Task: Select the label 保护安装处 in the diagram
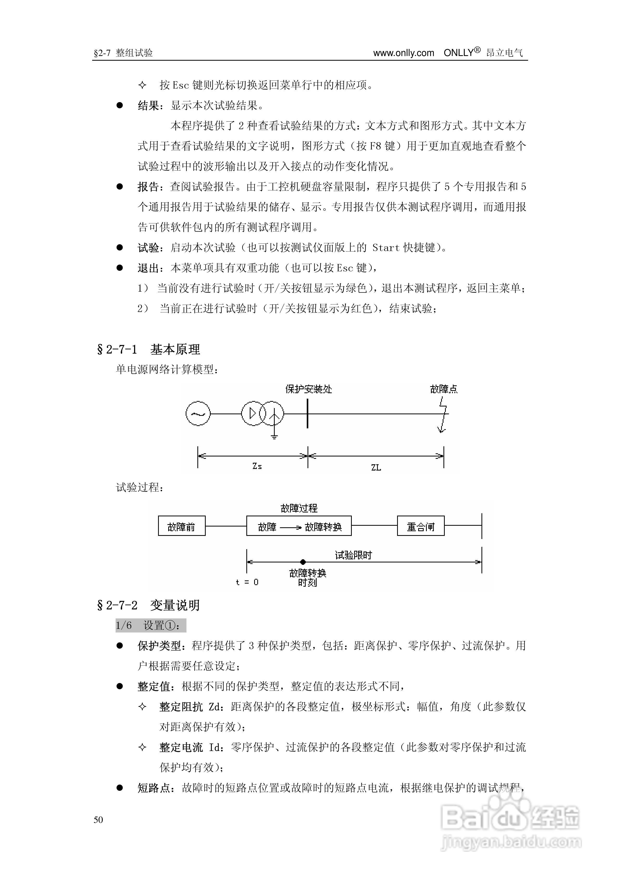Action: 309,389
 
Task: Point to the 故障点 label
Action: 443,389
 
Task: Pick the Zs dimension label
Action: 257,466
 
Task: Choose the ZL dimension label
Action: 376,467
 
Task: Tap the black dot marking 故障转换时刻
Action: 303,562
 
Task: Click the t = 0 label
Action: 247,582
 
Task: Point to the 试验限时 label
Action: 353,555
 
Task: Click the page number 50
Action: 98,820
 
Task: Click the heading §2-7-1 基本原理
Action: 149,349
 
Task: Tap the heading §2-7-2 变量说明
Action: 149,605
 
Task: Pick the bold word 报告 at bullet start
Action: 148,187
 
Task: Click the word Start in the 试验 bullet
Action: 386,248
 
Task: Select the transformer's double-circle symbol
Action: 262,413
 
